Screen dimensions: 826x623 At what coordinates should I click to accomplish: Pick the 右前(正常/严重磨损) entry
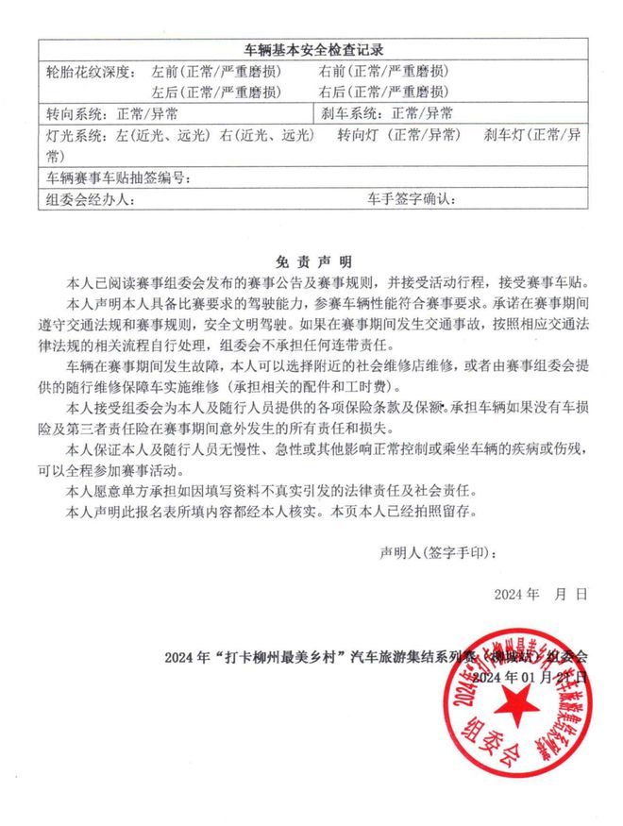[383, 71]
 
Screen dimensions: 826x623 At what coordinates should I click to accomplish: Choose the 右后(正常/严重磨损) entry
[383, 92]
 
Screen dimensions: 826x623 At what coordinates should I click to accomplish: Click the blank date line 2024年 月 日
[540, 594]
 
